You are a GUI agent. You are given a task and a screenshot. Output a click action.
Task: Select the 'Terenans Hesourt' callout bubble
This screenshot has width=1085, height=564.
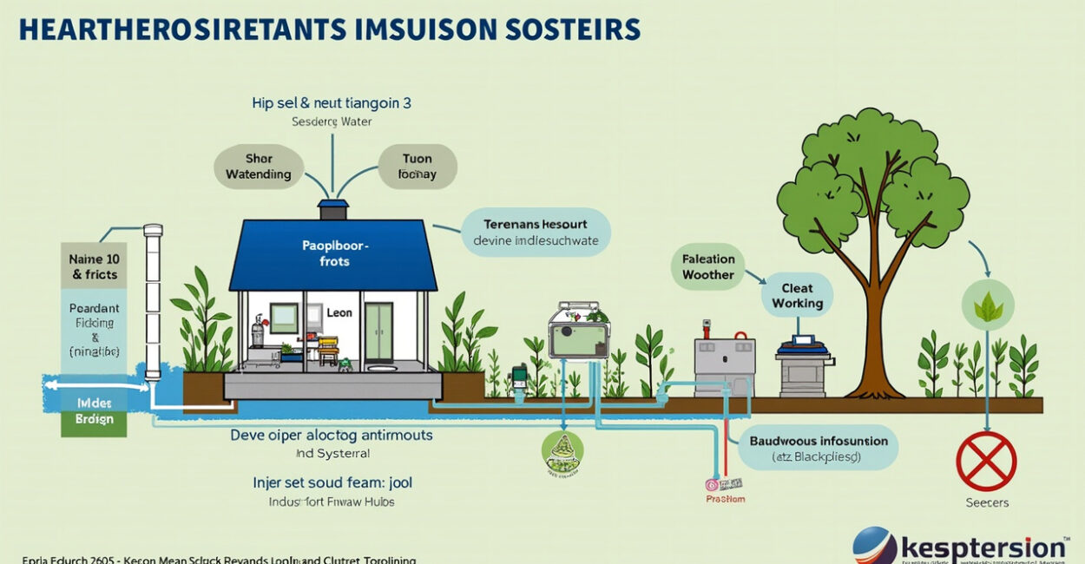pyautogui.click(x=536, y=232)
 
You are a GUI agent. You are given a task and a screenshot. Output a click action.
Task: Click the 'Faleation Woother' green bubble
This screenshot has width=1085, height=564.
pyautogui.click(x=707, y=266)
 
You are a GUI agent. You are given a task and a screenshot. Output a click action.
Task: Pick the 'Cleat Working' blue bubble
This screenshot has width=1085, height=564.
pyautogui.click(x=797, y=296)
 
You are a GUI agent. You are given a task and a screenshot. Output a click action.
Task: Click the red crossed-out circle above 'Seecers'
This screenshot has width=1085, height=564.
pyautogui.click(x=986, y=462)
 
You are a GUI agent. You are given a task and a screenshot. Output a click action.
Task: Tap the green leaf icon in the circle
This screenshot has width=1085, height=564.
pyautogui.click(x=988, y=306)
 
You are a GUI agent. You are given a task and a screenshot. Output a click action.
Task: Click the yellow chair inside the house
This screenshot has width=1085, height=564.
pyautogui.click(x=328, y=350)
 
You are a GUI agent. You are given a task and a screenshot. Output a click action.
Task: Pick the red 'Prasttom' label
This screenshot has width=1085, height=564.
pyautogui.click(x=724, y=499)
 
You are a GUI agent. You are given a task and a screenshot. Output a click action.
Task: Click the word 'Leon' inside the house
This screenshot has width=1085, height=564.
pyautogui.click(x=339, y=312)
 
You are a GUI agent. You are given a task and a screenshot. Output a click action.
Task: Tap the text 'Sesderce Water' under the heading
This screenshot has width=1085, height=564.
pyautogui.click(x=332, y=122)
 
